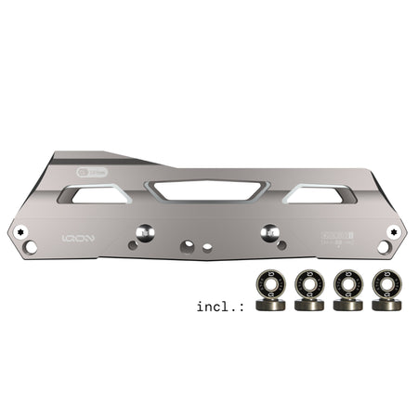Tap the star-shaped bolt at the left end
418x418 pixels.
[20, 229]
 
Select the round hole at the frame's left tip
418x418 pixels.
[32, 248]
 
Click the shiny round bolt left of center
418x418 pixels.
[146, 231]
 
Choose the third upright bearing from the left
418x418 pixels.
[345, 284]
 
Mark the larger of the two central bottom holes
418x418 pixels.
[189, 246]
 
